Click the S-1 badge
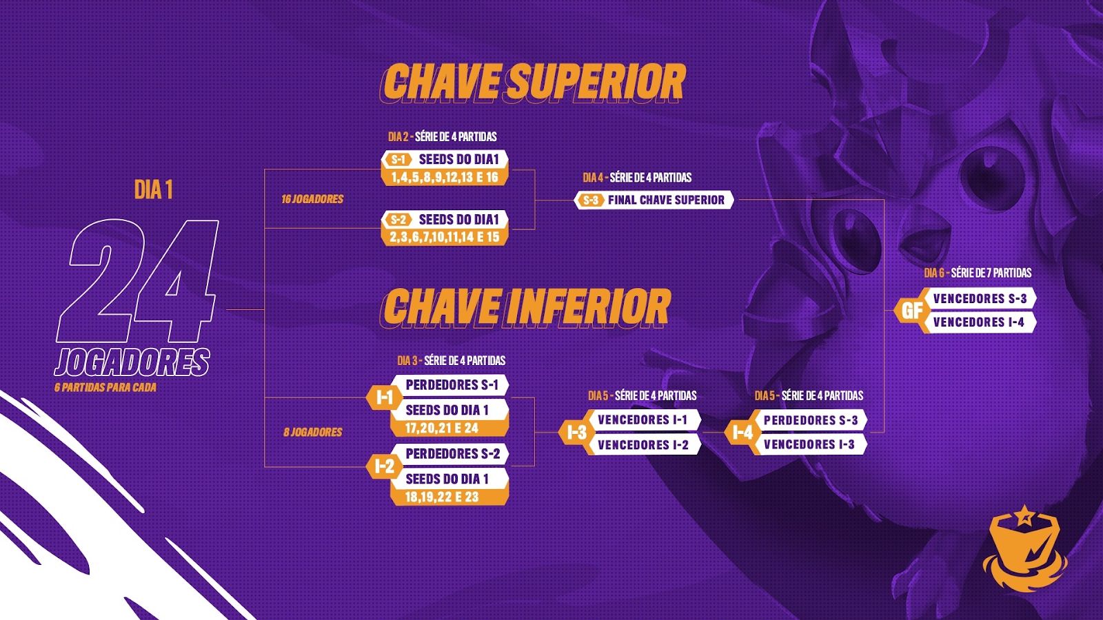tap(398, 159)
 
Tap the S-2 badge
tap(398, 220)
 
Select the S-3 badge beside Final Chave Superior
tap(591, 200)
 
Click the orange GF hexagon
tap(911, 311)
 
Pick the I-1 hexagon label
tap(384, 397)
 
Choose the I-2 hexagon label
tap(384, 466)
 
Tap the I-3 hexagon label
tap(576, 433)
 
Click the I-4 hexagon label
tap(742, 433)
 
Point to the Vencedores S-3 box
tap(980, 299)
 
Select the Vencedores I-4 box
tap(979, 322)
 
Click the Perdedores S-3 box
tap(811, 420)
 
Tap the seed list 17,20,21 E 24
tap(442, 428)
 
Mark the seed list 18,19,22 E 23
tap(442, 497)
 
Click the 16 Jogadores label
tap(312, 199)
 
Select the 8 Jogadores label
tap(313, 432)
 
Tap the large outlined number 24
tap(138, 281)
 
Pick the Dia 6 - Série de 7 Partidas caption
tap(978, 273)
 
